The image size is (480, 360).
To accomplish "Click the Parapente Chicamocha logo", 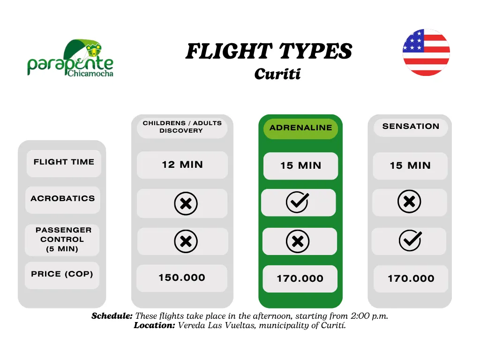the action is point(70,58).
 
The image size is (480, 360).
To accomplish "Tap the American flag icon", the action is point(426,52).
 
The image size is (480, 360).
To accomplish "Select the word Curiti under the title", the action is point(277,74).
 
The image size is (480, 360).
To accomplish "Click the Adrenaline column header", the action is point(300,128).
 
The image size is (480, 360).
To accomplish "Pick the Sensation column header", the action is point(411,127).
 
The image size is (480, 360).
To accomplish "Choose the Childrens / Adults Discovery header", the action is point(182,127).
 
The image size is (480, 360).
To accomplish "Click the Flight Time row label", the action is point(64,162).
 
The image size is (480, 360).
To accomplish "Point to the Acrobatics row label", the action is point(63,199).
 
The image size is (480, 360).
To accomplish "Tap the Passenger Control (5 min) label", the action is point(62,240).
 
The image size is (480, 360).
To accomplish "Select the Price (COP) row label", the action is point(62,274).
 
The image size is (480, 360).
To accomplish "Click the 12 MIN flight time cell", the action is point(182,165).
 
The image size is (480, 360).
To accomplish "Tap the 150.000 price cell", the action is point(182,277).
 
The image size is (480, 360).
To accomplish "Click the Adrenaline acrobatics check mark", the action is point(297,202).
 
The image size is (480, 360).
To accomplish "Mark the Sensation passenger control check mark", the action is point(410,240).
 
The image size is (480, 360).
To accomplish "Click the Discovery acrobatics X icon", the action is point(186,203).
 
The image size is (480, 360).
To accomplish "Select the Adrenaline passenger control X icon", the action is point(298,241).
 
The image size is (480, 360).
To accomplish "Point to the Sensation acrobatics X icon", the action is point(409,202).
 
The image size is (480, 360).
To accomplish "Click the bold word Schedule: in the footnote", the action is point(112,316).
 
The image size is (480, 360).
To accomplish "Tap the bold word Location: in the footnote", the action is point(154,325).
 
